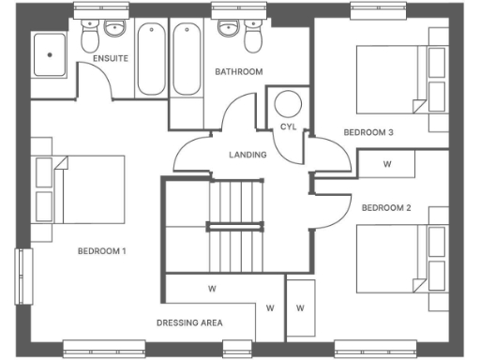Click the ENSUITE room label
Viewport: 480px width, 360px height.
[110, 59]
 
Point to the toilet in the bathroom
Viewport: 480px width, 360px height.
[253, 38]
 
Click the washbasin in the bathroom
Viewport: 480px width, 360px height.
[227, 28]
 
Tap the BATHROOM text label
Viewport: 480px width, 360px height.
[238, 71]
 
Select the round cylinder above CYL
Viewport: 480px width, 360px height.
[289, 103]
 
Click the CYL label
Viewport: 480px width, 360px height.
[288, 127]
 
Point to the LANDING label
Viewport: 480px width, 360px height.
[247, 155]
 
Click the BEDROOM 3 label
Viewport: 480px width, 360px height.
[367, 132]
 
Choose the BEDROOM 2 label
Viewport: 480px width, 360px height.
[386, 207]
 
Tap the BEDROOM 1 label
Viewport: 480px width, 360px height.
[101, 251]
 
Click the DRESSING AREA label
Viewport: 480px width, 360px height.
[189, 323]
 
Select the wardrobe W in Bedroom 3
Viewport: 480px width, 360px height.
[387, 163]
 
